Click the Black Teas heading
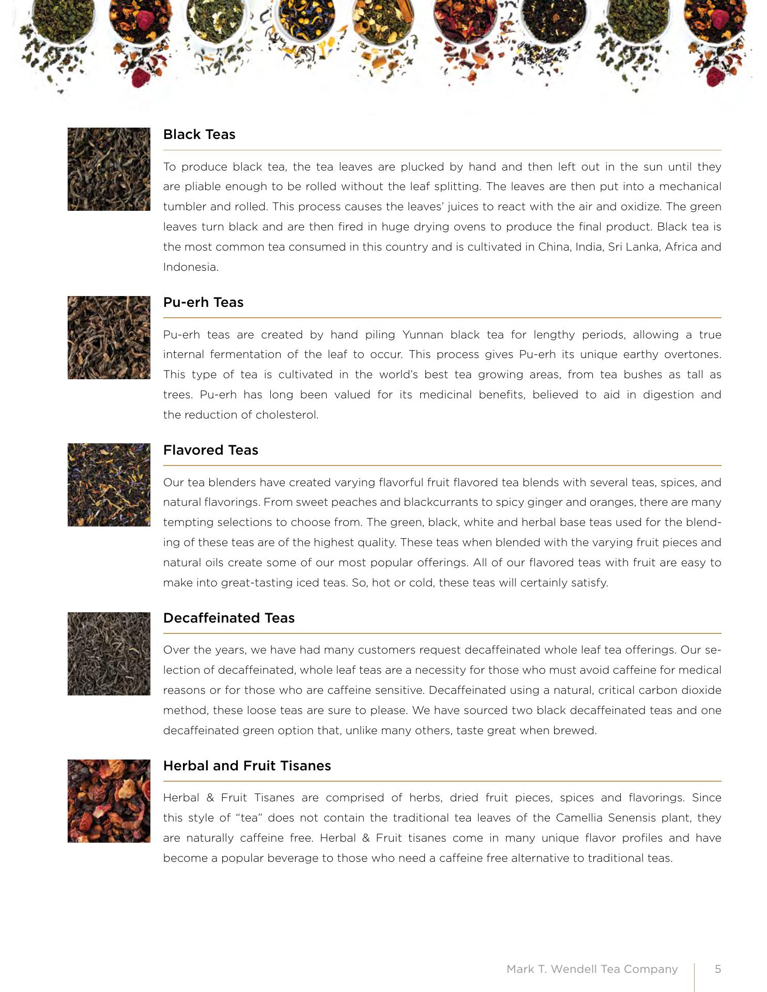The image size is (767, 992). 199,134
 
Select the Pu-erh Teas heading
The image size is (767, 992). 203,302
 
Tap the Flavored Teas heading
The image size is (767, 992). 210,450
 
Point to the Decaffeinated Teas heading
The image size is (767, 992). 228,618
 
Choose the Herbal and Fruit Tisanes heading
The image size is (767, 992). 247,766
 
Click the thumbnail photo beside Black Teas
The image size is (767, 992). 109,169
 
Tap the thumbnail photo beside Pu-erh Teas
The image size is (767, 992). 109,337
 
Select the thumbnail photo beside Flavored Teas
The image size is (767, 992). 109,485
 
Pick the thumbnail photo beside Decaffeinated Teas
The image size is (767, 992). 109,654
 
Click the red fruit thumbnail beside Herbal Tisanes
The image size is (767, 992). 109,801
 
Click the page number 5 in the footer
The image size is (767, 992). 717,969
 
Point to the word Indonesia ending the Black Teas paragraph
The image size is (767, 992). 190,267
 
